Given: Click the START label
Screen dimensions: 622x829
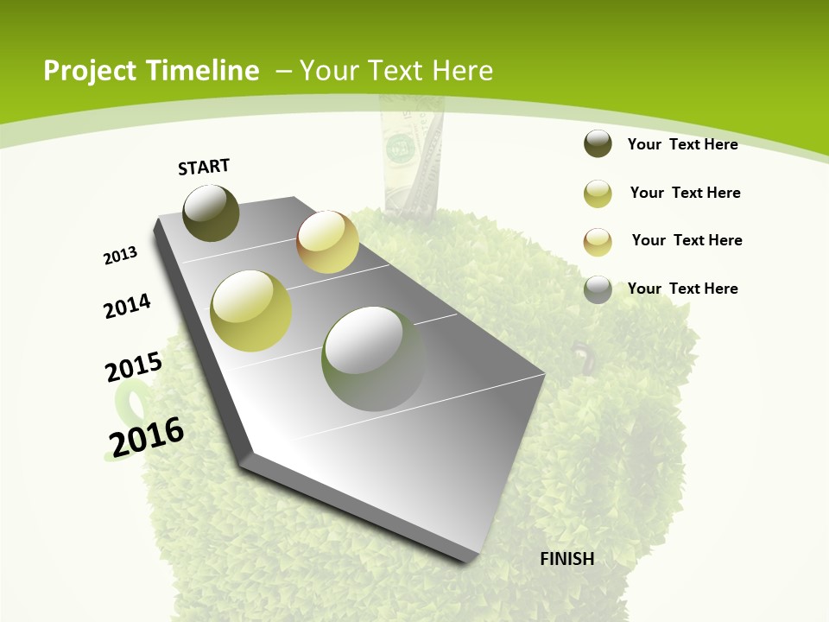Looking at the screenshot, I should click(x=204, y=167).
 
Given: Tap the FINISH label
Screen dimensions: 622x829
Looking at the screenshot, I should click(x=567, y=559).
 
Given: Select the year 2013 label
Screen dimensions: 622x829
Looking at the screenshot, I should click(x=120, y=256).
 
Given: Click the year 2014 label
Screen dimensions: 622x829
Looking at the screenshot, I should click(x=128, y=306).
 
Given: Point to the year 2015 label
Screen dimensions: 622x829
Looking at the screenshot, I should click(x=134, y=367).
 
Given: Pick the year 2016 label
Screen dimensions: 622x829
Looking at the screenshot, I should click(x=147, y=436).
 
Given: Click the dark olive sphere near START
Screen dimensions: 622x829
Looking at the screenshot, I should click(x=211, y=213).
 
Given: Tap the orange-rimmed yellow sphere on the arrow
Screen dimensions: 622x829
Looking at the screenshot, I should click(x=327, y=241).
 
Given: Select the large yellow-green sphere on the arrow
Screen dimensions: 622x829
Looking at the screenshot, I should click(x=250, y=311).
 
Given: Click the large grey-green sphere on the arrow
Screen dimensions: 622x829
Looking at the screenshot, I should click(x=372, y=359).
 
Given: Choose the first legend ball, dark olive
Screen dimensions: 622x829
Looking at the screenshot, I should click(x=598, y=144).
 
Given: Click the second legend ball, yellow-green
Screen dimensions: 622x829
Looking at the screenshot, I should click(x=598, y=194).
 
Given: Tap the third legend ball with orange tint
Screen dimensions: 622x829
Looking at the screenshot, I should click(x=598, y=241).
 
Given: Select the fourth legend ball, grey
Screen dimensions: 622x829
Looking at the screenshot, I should click(x=598, y=289).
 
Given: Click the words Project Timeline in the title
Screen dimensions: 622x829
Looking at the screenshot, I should click(x=151, y=71).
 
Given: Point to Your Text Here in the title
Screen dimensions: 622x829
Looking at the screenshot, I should click(x=396, y=71).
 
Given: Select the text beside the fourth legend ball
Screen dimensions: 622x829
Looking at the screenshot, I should click(x=682, y=289).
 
